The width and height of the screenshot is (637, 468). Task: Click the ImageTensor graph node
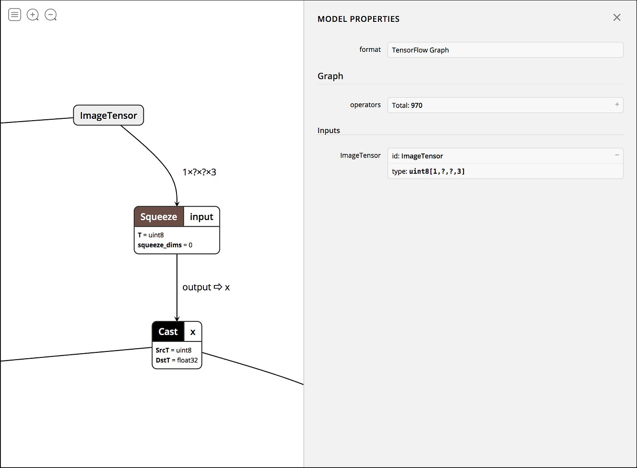[x=108, y=116]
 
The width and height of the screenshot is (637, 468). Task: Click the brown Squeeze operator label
[x=159, y=217]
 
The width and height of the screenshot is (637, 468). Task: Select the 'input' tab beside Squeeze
[x=202, y=217]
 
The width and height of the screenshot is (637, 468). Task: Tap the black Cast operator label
[x=168, y=332]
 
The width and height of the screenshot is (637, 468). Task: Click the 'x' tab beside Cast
[x=193, y=332]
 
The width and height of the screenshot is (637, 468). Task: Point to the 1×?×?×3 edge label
[x=199, y=172]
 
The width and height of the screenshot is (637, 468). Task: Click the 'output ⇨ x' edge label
[x=206, y=287]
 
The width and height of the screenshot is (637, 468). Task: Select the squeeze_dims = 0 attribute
[x=165, y=245]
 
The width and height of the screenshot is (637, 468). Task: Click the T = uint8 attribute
[x=151, y=235]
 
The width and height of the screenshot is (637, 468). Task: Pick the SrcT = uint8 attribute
[x=173, y=350]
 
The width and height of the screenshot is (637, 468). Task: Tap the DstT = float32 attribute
[x=177, y=360]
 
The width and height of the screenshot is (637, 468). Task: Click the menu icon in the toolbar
[x=15, y=15]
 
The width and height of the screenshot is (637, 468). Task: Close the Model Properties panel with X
[x=617, y=17]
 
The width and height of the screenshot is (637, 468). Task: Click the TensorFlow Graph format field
[x=505, y=50]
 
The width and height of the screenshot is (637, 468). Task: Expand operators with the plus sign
[x=617, y=104]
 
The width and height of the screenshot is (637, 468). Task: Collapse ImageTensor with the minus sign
[x=617, y=155]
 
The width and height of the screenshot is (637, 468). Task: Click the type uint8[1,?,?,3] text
[x=428, y=171]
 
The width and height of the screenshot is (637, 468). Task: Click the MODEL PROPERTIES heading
[x=359, y=19]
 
